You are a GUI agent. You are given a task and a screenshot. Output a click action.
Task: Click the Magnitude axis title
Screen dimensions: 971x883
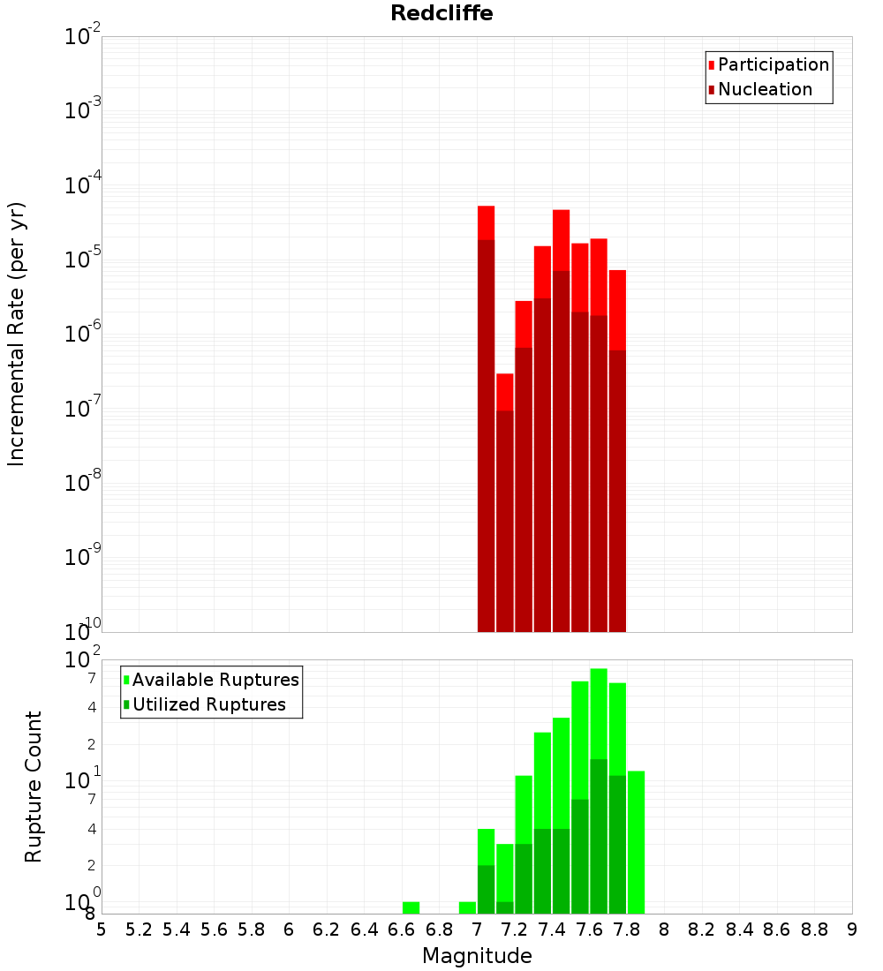click(x=477, y=956)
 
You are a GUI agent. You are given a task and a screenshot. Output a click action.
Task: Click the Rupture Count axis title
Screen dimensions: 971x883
click(x=34, y=787)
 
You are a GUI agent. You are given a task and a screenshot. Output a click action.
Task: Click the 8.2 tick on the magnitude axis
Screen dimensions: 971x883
click(x=702, y=930)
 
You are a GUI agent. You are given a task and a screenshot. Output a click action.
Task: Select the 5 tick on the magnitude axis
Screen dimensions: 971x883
click(x=102, y=930)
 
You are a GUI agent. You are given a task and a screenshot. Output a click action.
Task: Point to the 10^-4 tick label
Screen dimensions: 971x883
click(x=83, y=185)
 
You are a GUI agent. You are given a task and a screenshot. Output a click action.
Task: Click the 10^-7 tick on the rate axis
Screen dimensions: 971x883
click(x=83, y=409)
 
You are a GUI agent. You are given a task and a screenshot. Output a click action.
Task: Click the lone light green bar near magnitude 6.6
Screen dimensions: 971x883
click(x=411, y=907)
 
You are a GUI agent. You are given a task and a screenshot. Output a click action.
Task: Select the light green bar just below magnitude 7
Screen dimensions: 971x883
click(x=467, y=907)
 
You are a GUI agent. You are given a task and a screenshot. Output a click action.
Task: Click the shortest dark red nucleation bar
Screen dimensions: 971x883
click(x=504, y=521)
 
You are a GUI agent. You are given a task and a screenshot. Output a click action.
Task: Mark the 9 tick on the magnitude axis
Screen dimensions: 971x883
click(x=851, y=930)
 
